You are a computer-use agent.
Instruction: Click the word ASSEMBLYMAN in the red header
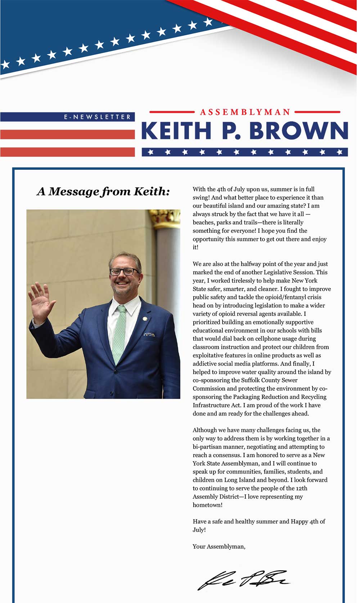[245, 112]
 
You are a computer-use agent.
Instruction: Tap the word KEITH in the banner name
[176, 131]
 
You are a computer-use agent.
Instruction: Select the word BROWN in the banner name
[298, 131]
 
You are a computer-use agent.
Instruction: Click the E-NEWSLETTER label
[97, 117]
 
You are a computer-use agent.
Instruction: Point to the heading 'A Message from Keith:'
[103, 191]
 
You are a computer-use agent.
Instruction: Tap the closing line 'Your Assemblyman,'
[219, 547]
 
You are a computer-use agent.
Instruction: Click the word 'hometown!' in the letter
[207, 505]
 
